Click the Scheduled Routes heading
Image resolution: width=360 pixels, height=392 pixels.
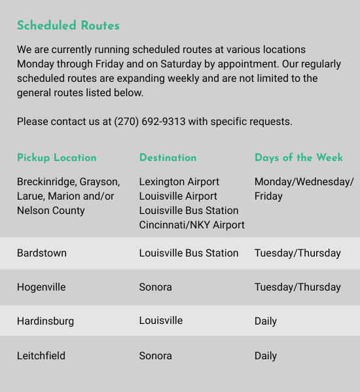[x=68, y=26]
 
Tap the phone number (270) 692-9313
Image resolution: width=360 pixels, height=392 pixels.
[x=150, y=122]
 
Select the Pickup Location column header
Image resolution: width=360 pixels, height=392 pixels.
[x=56, y=158]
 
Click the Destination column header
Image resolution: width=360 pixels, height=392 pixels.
[x=168, y=158]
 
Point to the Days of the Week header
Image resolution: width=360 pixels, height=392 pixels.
[x=298, y=158]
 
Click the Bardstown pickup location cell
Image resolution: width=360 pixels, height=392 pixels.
[x=42, y=253]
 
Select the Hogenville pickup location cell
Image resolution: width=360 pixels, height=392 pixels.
[x=41, y=287]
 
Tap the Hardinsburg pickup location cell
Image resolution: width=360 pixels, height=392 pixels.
[x=45, y=321]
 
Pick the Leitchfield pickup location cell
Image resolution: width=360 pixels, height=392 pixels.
[x=41, y=356]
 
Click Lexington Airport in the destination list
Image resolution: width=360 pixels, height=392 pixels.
[x=179, y=182]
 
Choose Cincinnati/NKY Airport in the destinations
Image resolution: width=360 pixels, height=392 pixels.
[x=192, y=225]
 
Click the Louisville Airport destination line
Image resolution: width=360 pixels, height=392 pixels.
[x=178, y=196]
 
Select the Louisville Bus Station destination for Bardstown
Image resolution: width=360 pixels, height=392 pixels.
[x=189, y=253]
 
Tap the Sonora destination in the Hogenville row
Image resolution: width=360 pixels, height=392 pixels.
[x=155, y=287]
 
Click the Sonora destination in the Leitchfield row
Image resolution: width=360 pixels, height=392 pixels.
[x=155, y=356]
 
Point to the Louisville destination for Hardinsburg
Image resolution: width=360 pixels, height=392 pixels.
[x=160, y=321]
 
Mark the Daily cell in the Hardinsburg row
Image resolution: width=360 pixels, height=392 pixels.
[x=266, y=321]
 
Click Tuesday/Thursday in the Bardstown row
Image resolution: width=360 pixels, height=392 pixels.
[x=297, y=253]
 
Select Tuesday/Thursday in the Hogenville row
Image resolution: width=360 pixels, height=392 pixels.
[x=297, y=287]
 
